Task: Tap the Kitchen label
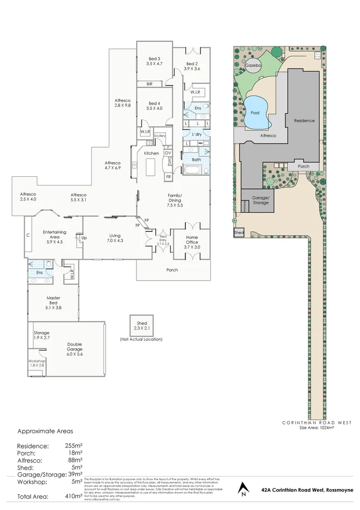tap(151, 154)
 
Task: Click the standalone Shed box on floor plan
tap(142, 326)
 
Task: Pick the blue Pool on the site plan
tap(255, 112)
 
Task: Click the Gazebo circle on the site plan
tap(253, 65)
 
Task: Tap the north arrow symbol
tap(244, 489)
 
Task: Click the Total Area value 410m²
tap(73, 496)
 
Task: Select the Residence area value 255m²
tap(73, 446)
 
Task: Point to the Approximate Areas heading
tap(45, 431)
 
